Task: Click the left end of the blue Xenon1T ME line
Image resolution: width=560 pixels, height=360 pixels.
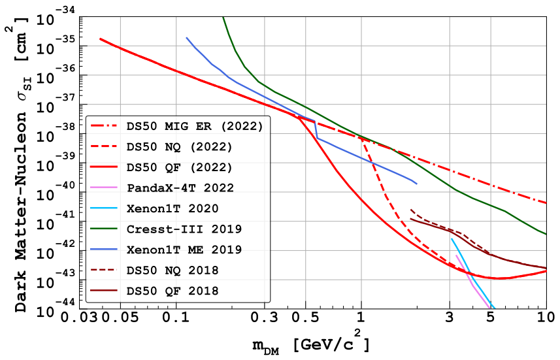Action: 187,38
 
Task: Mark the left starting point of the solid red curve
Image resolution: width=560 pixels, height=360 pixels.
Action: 100,39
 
